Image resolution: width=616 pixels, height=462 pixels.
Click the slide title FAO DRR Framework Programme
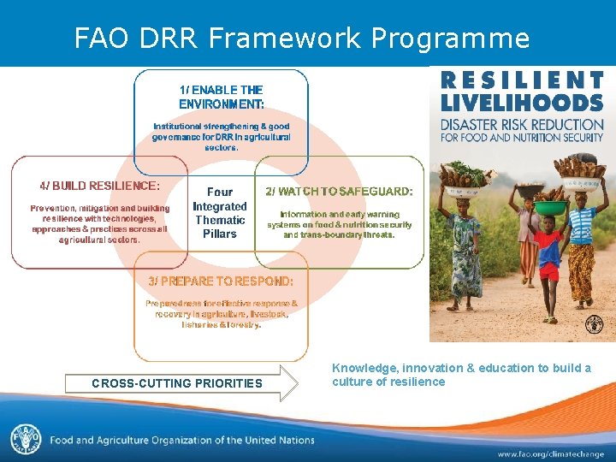(302, 38)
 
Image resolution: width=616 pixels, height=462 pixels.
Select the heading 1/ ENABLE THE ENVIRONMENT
(221, 97)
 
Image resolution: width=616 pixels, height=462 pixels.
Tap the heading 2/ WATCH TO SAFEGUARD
(340, 191)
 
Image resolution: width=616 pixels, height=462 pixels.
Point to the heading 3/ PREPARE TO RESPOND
(221, 281)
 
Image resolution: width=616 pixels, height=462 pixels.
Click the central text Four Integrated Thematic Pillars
(220, 213)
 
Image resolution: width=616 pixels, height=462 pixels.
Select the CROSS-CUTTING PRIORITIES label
(177, 383)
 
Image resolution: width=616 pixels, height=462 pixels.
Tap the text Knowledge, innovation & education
(461, 375)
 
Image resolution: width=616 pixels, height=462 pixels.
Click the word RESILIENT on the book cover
(522, 80)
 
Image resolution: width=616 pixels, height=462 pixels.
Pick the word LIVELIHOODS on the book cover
(522, 102)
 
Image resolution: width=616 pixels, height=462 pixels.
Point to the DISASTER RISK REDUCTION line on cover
(522, 124)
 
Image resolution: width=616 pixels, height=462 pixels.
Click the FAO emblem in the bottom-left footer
(25, 439)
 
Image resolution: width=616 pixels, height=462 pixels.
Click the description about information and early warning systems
(340, 224)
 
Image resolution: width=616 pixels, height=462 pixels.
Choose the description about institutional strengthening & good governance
(221, 136)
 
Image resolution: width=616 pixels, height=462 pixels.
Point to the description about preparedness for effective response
(221, 313)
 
